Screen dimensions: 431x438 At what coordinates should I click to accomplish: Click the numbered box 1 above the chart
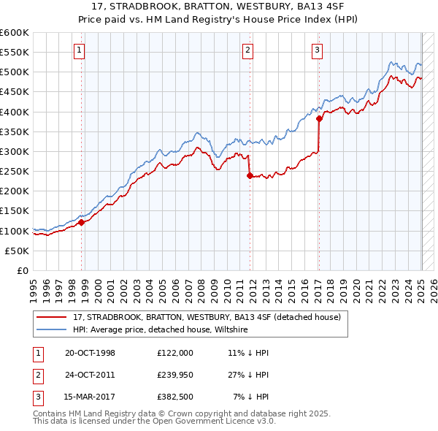coord(79,50)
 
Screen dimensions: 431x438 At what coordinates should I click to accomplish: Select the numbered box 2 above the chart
coord(248,50)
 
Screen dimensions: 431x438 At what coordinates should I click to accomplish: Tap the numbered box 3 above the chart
coord(318,50)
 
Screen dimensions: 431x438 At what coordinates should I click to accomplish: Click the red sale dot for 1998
coord(82,223)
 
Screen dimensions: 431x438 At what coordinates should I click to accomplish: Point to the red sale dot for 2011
coord(250,175)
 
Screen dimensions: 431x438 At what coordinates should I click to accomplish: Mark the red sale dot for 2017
coord(319,119)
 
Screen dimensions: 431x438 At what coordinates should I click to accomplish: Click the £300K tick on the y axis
coord(15,151)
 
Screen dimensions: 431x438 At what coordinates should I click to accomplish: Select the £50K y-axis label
coord(18,251)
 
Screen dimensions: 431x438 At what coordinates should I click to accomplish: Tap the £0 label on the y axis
coord(23,270)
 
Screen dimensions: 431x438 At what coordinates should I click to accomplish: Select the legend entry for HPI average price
coord(160,329)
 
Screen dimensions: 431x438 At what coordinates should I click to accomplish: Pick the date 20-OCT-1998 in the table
coord(90,352)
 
